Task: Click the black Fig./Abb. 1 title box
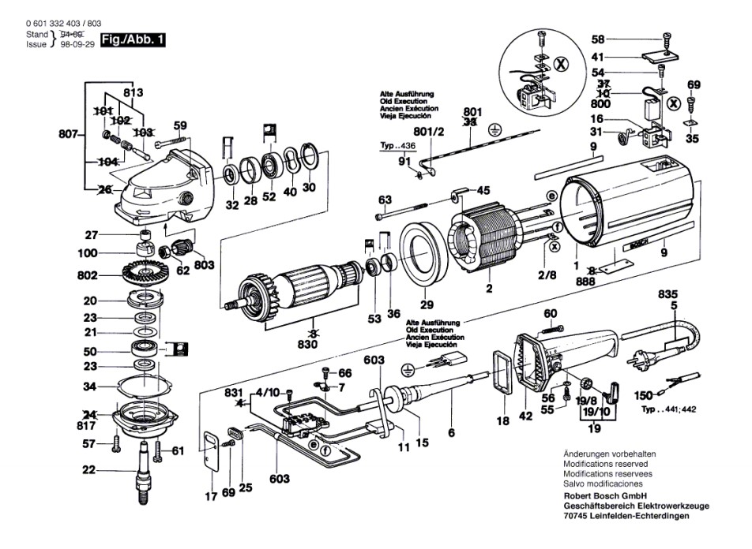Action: pos(133,39)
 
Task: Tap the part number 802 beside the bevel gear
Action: pos(87,275)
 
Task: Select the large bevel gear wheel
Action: pos(143,274)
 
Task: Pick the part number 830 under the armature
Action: pos(307,345)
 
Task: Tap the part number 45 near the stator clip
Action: pos(483,191)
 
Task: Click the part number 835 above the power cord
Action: pos(667,294)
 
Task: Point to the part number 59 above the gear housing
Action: pos(180,126)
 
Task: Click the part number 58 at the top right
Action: pos(597,39)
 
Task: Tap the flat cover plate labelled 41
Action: pos(661,55)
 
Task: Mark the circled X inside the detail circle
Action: pos(561,64)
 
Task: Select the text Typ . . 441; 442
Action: pos(668,409)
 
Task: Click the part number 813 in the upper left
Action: pos(133,92)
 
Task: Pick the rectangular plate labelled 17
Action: pos(211,450)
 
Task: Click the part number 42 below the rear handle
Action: pos(525,416)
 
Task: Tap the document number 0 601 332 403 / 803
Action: pos(64,24)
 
